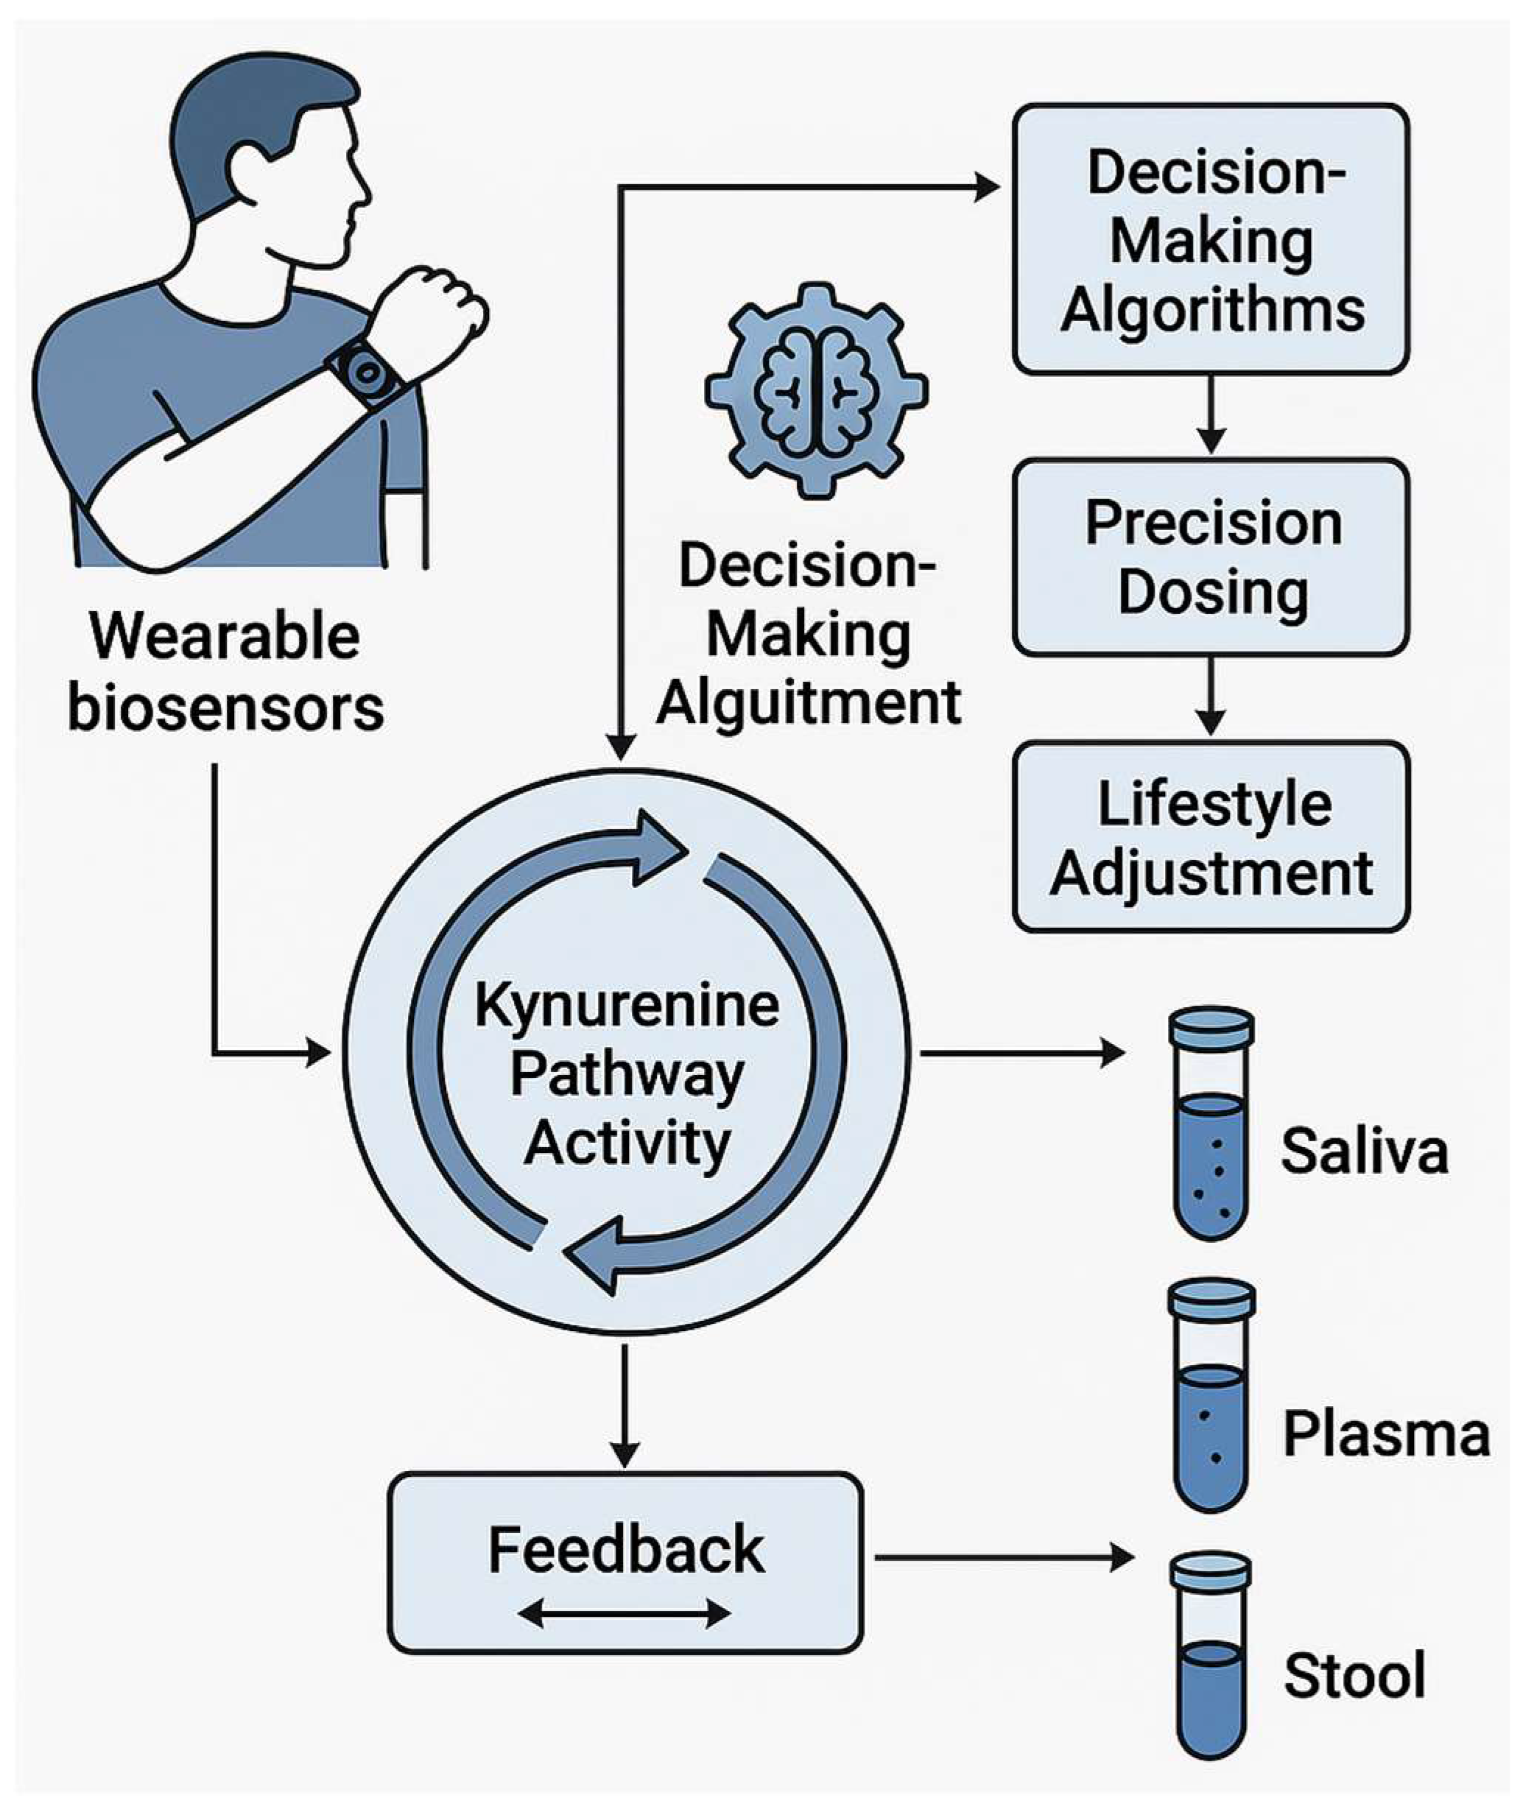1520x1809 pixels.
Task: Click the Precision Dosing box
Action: tap(1211, 557)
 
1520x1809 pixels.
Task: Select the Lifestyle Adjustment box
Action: tap(1211, 838)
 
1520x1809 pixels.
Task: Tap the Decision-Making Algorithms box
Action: tap(1211, 239)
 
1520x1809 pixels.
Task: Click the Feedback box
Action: tap(624, 1562)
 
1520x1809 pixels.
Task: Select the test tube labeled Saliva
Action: tap(1211, 1124)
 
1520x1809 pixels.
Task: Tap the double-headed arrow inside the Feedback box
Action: tap(624, 1612)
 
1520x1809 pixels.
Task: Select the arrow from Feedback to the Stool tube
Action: tap(1004, 1557)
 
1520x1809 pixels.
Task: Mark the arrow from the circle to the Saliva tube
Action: tap(1021, 1052)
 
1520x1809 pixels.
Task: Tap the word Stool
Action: tap(1354, 1676)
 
